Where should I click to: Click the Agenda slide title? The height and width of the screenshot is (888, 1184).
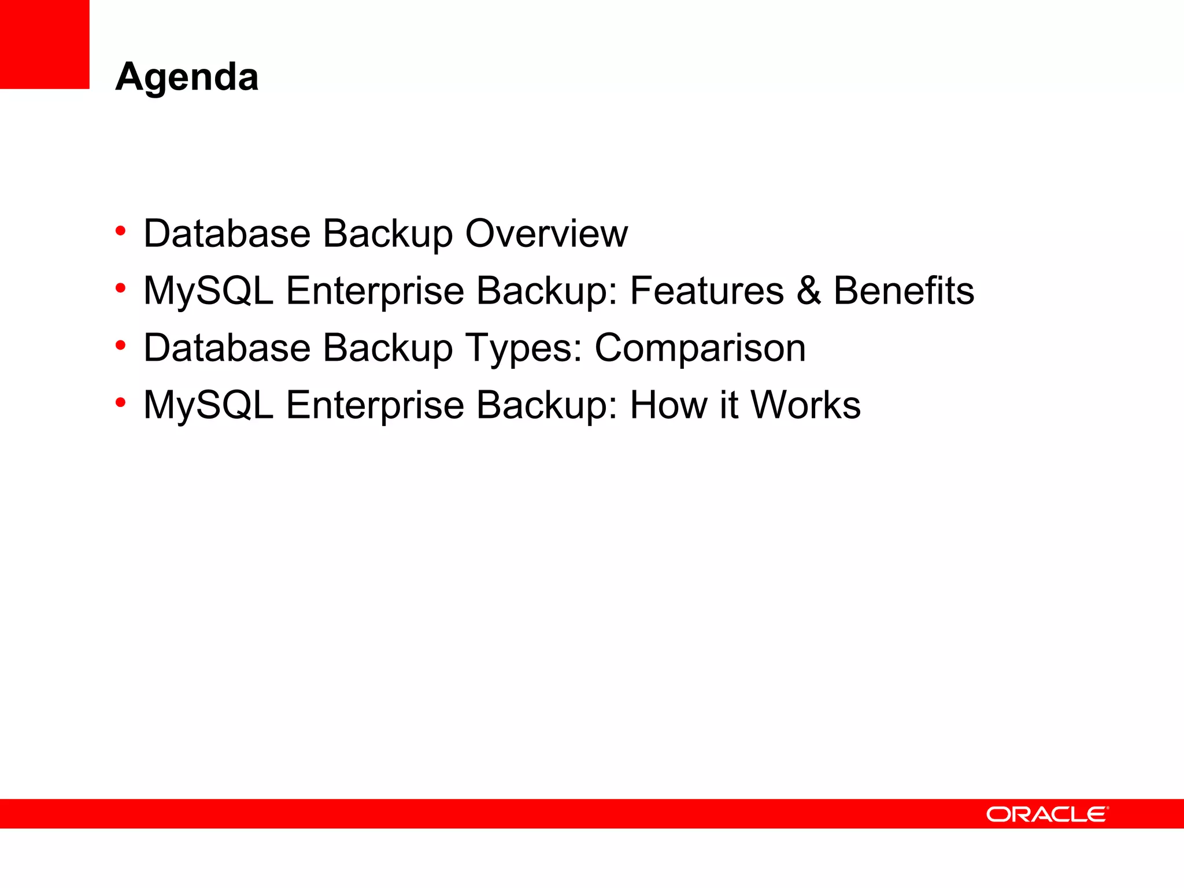coord(187,77)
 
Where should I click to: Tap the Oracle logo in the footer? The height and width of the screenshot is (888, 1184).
coord(1047,815)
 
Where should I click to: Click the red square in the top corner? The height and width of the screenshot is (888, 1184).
coord(45,44)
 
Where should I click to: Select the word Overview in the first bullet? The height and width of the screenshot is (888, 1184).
coord(546,234)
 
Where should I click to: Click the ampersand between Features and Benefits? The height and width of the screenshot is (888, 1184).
coord(808,290)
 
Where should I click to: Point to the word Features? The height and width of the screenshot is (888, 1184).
coord(706,290)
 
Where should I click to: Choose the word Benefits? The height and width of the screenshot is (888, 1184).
coord(904,290)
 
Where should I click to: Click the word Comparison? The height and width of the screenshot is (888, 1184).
coord(700,348)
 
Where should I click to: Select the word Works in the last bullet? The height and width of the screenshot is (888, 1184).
coord(805,405)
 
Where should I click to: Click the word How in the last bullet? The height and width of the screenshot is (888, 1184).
coord(668,405)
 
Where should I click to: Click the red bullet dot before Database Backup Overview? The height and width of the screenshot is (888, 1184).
coord(120,231)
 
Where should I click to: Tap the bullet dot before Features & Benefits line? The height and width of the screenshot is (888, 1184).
coord(120,288)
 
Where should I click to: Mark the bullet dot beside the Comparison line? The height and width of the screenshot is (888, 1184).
coord(120,346)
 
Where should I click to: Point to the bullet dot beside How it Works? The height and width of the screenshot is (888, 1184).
coord(120,402)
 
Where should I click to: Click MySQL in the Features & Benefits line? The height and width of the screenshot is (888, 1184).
coord(208,291)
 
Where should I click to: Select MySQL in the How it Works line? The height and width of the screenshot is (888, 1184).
coord(208,406)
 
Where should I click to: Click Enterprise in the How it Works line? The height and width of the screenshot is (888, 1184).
coord(375,406)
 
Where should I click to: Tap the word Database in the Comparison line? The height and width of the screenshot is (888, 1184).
coord(227,348)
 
